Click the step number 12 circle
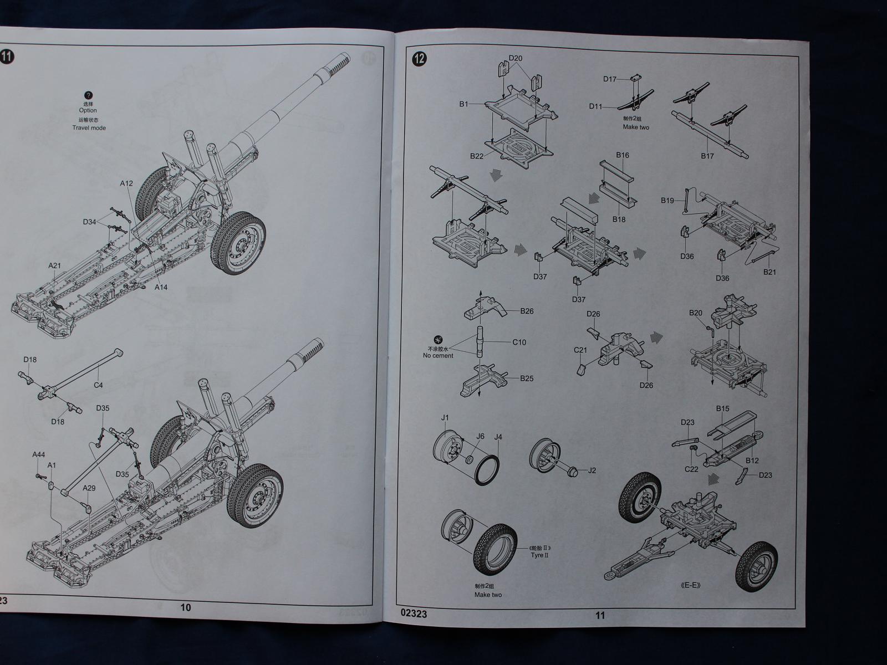(x=420, y=59)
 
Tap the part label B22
(x=477, y=156)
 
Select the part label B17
(x=707, y=156)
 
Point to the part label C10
(x=519, y=342)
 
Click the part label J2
(x=592, y=470)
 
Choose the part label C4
(x=98, y=385)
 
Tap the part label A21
(x=54, y=265)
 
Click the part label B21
(x=769, y=272)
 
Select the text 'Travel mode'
(x=89, y=128)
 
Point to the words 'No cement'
(x=438, y=356)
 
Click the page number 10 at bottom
(x=186, y=607)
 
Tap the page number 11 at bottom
(x=600, y=615)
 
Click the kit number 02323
(x=414, y=614)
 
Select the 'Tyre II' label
(x=539, y=555)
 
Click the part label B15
(x=722, y=409)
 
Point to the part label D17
(x=610, y=79)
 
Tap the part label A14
(x=161, y=287)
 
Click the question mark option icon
(x=88, y=96)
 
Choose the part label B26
(x=527, y=311)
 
